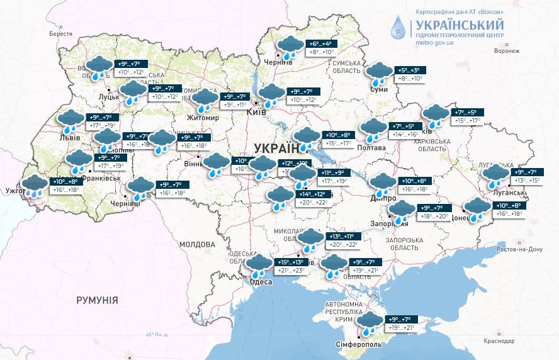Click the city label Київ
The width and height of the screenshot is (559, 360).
pyautogui.click(x=257, y=111)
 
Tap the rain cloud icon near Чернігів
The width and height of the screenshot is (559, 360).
pyautogui.click(x=290, y=47)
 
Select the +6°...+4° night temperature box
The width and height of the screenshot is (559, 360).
pyautogui.click(x=322, y=44)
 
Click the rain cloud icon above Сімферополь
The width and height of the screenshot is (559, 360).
pyautogui.click(x=368, y=323)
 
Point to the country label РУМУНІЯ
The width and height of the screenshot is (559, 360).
pyautogui.click(x=97, y=300)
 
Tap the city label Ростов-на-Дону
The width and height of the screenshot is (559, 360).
pyautogui.click(x=519, y=249)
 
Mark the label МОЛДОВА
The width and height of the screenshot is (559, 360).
pyautogui.click(x=196, y=244)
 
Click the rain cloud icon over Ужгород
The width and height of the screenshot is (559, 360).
pyautogui.click(x=34, y=186)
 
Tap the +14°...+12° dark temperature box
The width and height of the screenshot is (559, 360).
pyautogui.click(x=312, y=194)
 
